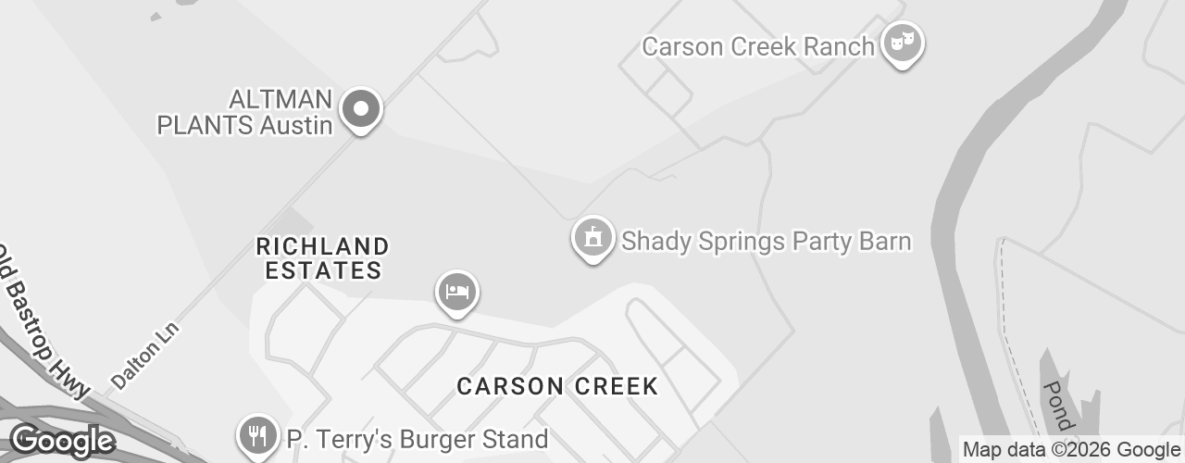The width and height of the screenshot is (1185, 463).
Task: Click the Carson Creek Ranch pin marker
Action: (901, 43)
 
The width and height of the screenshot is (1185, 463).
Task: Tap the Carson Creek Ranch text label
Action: (757, 46)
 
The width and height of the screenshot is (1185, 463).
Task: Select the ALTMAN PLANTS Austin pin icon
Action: (362, 110)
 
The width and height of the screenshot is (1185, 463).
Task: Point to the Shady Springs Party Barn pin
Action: (592, 238)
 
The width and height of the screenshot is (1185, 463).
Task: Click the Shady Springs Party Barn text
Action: (766, 242)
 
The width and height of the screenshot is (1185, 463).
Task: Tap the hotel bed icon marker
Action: (457, 292)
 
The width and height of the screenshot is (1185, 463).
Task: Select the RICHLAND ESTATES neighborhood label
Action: (322, 258)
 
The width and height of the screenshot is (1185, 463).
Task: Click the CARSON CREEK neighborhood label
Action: (557, 386)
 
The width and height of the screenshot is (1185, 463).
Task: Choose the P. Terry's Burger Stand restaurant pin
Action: (257, 435)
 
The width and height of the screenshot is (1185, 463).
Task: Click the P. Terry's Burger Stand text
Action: (417, 439)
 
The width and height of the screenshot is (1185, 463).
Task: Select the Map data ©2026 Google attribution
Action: (1071, 450)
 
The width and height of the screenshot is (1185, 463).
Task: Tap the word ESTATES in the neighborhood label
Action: (323, 270)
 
